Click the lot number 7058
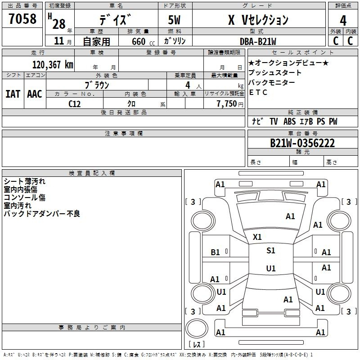pos(22,18)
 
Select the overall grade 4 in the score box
pos(343,21)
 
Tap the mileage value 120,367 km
pos(53,64)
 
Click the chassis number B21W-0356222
pos(302,143)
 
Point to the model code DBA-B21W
pos(258,41)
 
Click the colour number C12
pos(75,104)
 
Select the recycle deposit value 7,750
pos(226,103)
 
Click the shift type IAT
pos(13,94)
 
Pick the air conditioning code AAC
pos(35,94)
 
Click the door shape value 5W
pos(174,20)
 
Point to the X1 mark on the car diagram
pos(257,237)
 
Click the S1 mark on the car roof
pos(271,250)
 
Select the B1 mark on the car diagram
pos(215,252)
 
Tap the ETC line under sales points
pos(258,92)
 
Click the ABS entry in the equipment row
pos(289,121)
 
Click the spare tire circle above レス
pos(197,328)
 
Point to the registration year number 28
pos(59,24)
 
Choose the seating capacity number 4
pos(188,85)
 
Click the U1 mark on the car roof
pos(271,268)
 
